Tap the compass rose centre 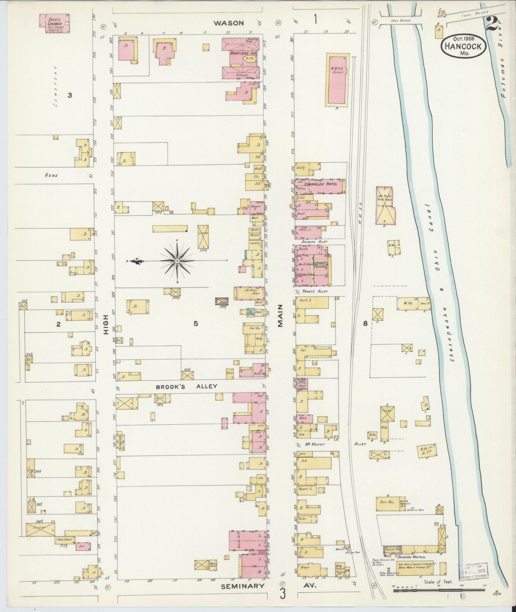click(177, 261)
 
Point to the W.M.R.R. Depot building click(337, 79)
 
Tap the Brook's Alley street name click(187, 386)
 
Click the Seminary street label click(243, 586)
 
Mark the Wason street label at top click(229, 23)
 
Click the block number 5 click(195, 324)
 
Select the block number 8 click(365, 323)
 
